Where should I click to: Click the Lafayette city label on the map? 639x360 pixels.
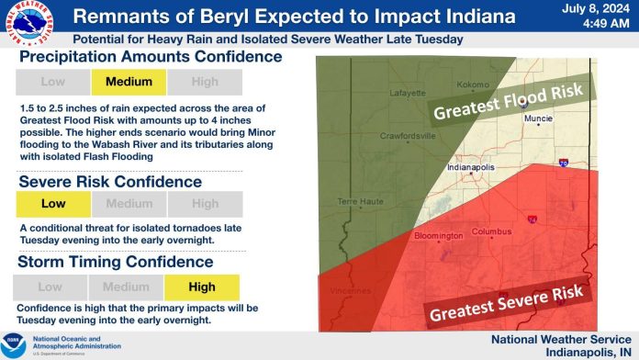(x=405, y=93)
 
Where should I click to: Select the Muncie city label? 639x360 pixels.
(x=537, y=118)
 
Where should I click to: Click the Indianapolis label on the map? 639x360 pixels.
(x=468, y=169)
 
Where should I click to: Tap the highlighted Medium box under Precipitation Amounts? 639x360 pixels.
(x=129, y=81)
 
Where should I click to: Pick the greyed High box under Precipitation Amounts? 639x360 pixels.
(x=205, y=81)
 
